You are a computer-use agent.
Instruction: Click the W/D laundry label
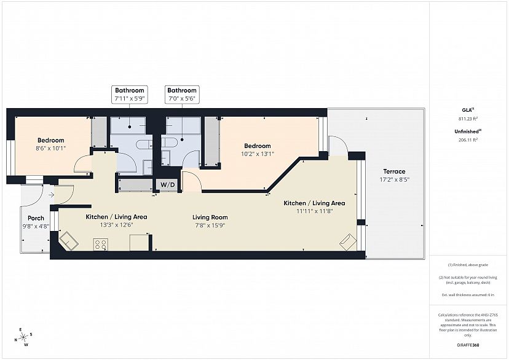click(x=167, y=185)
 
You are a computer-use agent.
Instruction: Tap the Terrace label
click(x=394, y=171)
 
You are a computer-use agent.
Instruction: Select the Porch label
click(x=36, y=218)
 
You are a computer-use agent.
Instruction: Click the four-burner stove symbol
click(x=101, y=245)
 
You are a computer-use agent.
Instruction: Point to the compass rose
click(x=23, y=338)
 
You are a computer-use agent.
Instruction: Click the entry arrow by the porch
click(x=51, y=195)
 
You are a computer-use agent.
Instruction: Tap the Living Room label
click(x=210, y=217)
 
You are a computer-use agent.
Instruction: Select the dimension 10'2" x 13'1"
click(x=258, y=154)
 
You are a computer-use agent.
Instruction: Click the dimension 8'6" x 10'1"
click(x=51, y=148)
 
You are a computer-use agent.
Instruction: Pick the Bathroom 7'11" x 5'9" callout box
click(x=130, y=95)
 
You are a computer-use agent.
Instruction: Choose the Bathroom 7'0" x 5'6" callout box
click(x=182, y=95)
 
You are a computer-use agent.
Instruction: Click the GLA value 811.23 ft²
click(x=468, y=119)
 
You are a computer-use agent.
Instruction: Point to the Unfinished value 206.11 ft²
click(x=468, y=140)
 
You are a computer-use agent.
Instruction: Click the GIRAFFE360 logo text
click(x=468, y=345)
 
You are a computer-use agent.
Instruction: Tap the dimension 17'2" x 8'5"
click(x=395, y=179)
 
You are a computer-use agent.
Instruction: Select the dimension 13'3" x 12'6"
click(x=117, y=225)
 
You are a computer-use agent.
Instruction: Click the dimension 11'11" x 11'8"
click(x=315, y=211)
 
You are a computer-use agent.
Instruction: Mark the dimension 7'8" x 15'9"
click(x=210, y=225)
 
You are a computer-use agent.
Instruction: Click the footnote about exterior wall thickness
click(x=468, y=295)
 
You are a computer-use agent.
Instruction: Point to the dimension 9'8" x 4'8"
click(x=36, y=226)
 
